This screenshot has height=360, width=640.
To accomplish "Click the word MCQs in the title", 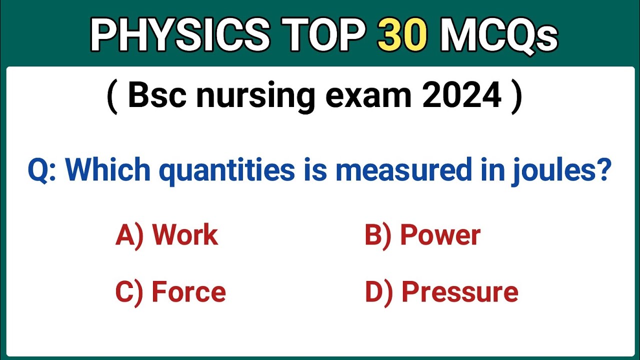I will [x=498, y=35].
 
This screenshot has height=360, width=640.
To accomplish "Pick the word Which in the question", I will [x=109, y=170].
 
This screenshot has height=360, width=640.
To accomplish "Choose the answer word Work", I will [x=185, y=234].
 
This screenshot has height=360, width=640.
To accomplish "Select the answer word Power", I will [x=440, y=234].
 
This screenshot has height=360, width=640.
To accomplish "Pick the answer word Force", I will [x=188, y=292].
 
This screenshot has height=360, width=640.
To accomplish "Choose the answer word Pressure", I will [x=460, y=292].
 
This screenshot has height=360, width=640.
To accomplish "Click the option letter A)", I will [x=129, y=235].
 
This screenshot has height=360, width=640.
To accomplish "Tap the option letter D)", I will [x=378, y=292].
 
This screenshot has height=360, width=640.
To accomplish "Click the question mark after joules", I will [x=604, y=170].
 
